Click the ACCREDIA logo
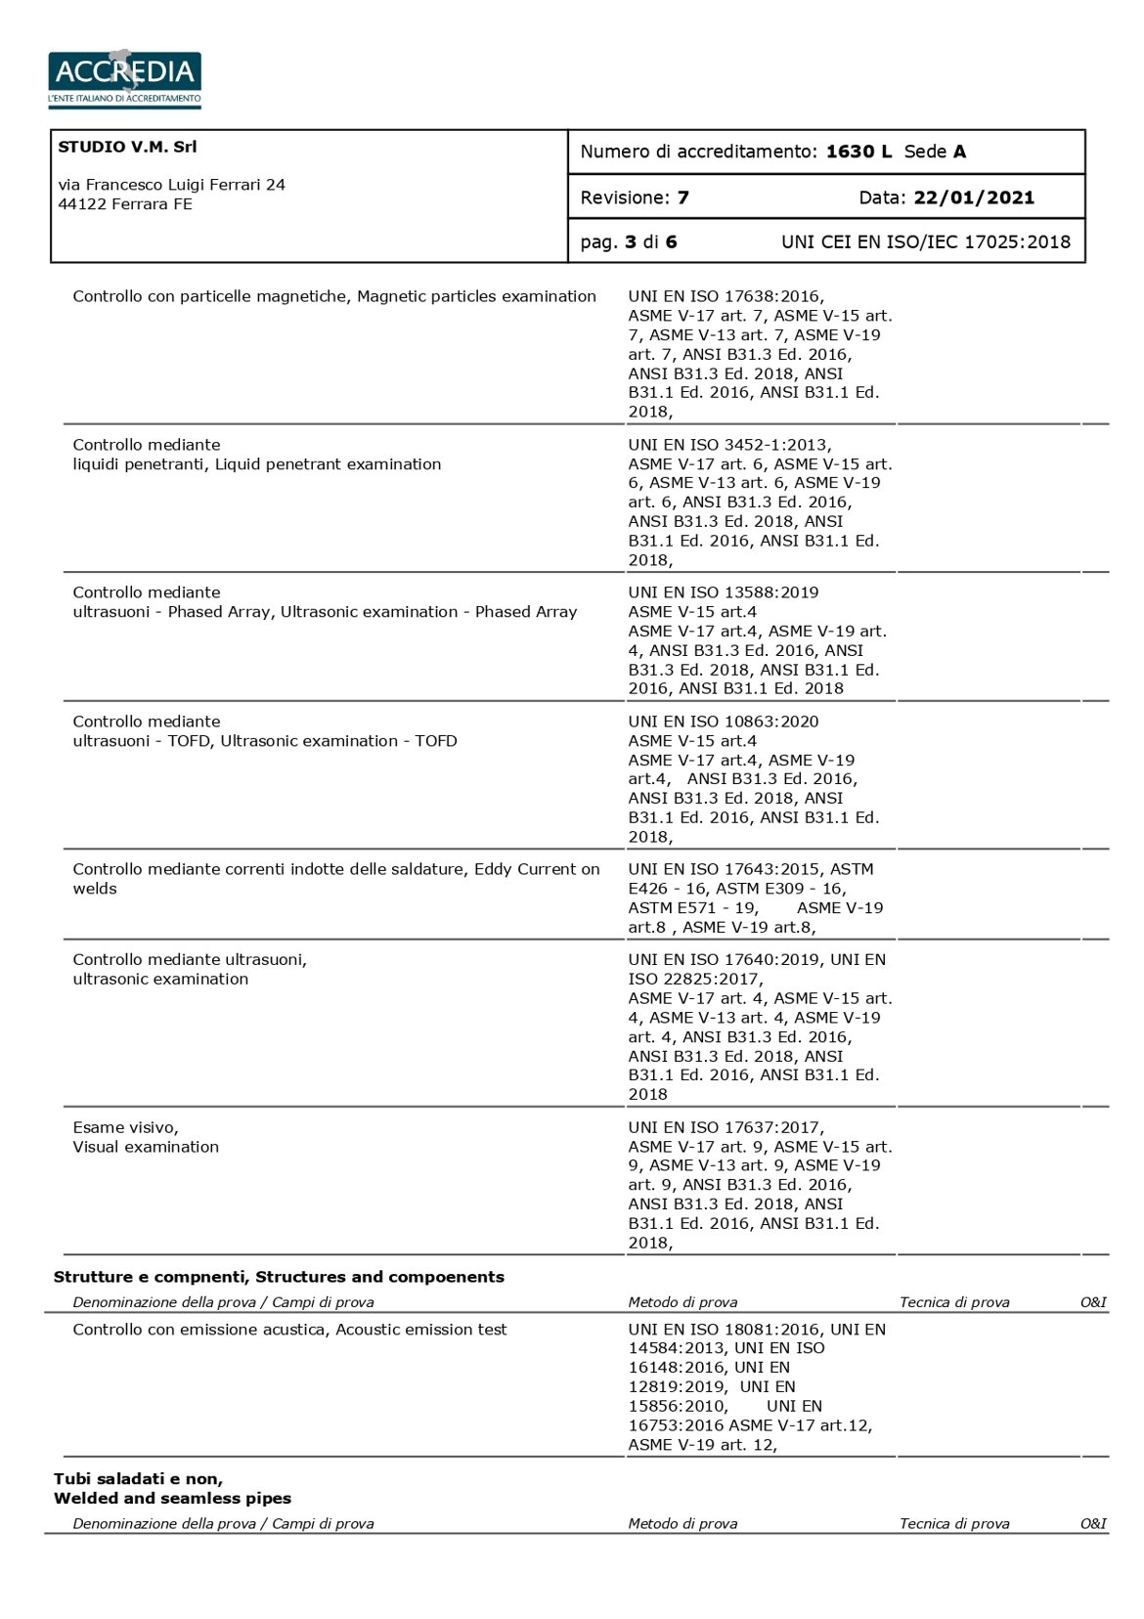(x=124, y=77)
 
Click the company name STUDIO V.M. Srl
(x=127, y=147)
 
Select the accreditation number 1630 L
(x=858, y=152)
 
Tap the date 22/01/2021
(x=973, y=197)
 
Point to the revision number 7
(x=682, y=197)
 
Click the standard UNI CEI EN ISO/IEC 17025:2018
(x=925, y=241)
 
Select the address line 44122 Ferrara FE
(x=125, y=204)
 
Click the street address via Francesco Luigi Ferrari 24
(x=171, y=185)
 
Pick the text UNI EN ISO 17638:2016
(x=725, y=296)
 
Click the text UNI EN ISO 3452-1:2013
(x=728, y=445)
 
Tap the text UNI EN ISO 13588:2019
(x=723, y=592)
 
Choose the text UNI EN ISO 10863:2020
(x=723, y=722)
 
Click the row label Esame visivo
(x=125, y=1127)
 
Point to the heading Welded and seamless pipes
(x=172, y=1498)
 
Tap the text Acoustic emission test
(x=421, y=1330)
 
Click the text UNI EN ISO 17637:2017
(x=725, y=1127)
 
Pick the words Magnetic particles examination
(x=476, y=296)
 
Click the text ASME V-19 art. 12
(x=701, y=1445)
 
